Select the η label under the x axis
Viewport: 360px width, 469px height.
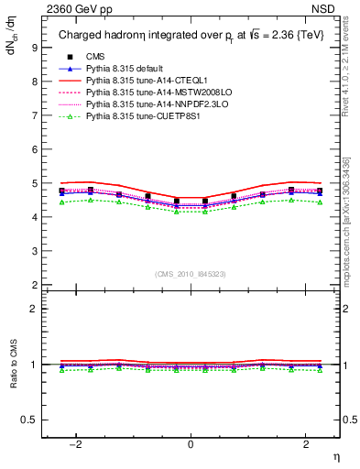(334, 455)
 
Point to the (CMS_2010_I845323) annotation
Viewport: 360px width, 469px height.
(191, 274)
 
